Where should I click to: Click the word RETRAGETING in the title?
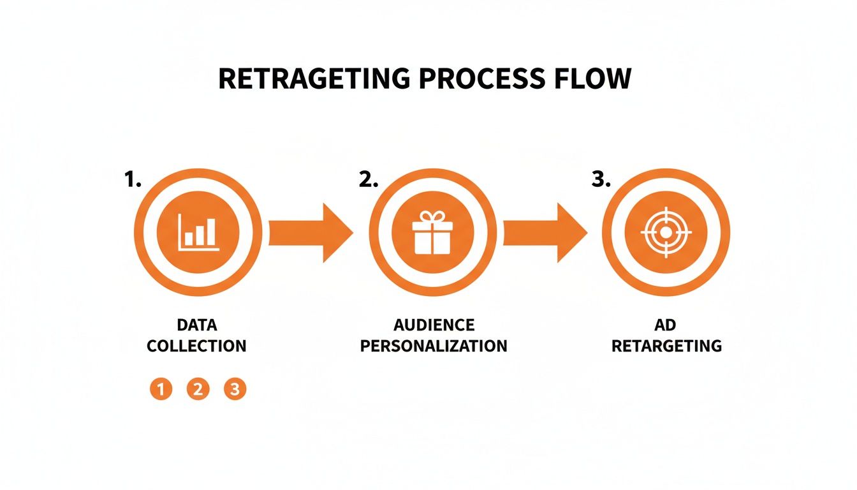click(312, 78)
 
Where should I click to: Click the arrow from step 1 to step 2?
click(311, 232)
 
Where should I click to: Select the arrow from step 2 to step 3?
click(545, 232)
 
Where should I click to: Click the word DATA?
click(196, 325)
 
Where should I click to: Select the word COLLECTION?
click(196, 346)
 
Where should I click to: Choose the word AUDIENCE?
click(434, 325)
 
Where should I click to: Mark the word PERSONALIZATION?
click(434, 346)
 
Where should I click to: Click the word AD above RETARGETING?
click(666, 325)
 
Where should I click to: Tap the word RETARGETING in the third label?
click(666, 346)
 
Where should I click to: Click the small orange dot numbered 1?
click(161, 389)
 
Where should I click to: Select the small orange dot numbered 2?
click(198, 389)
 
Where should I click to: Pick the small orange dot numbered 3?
click(235, 389)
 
